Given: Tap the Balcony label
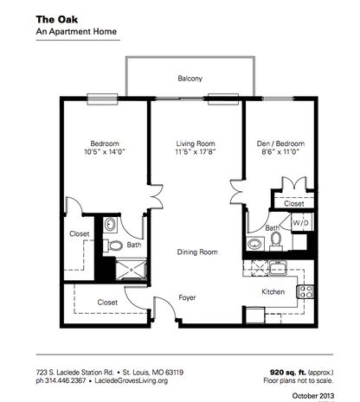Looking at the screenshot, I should (190, 79).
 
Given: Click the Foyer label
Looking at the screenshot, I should (188, 297).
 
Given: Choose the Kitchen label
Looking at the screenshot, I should (274, 292).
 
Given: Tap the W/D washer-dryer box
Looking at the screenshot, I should (300, 222).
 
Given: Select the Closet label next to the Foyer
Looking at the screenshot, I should (107, 302).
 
